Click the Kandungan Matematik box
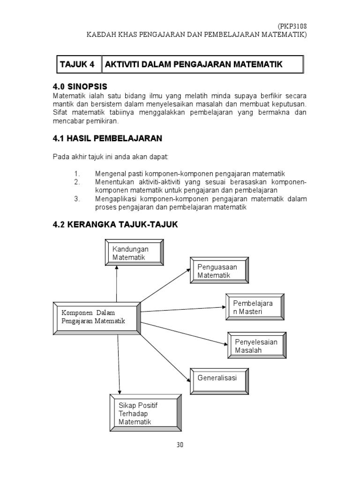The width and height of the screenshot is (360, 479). [135, 253]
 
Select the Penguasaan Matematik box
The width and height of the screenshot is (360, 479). [219, 271]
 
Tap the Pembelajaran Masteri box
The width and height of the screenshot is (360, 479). [255, 307]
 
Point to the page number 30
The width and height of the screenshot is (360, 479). [180, 445]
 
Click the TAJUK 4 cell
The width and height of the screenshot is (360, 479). [78, 65]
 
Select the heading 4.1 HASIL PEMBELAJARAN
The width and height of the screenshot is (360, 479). [107, 138]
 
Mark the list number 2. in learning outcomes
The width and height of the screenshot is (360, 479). [77, 182]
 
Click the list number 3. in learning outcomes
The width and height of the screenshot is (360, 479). [77, 199]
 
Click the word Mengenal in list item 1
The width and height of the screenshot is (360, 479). [110, 174]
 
